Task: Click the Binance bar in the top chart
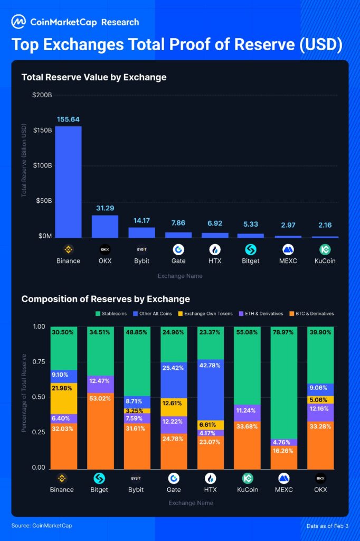point(69,182)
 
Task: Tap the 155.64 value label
point(69,119)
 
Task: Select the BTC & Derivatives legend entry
point(310,313)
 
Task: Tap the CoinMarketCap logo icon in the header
point(18,22)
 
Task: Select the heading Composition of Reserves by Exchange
point(106,299)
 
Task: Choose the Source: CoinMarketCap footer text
point(42,526)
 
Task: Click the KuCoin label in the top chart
point(324,261)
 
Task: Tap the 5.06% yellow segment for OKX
point(320,400)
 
